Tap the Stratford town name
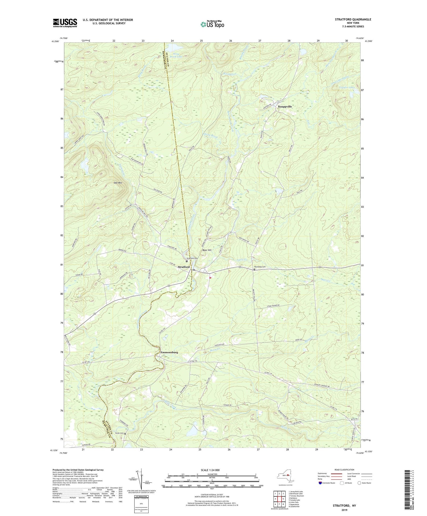[x=184, y=267]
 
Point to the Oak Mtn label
[x=118, y=183]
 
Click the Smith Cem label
[x=119, y=433]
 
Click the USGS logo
[x=65, y=23]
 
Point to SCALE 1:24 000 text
[x=212, y=470]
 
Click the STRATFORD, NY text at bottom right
[x=344, y=505]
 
